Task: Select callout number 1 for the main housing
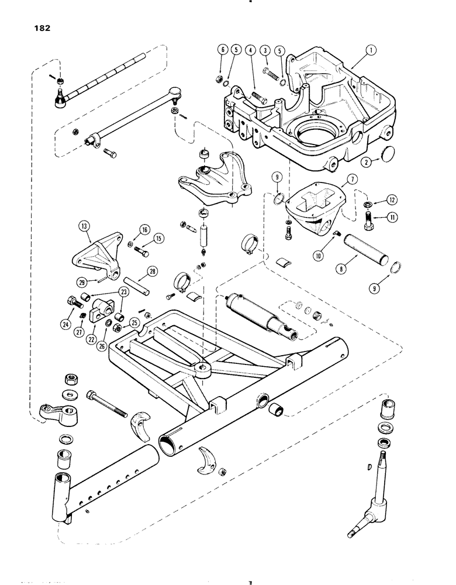click(x=370, y=51)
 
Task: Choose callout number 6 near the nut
click(x=220, y=51)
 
